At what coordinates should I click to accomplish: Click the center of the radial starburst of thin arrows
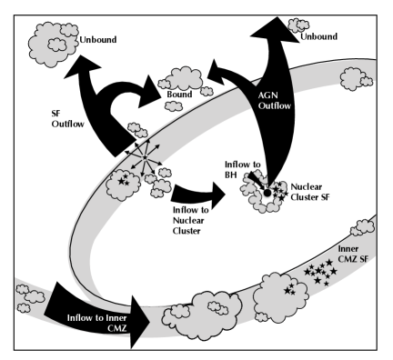point(143,160)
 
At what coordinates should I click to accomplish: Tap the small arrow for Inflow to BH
point(257,183)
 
